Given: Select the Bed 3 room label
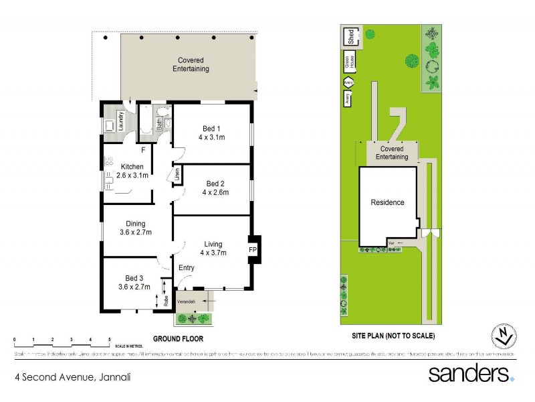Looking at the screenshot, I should [x=134, y=282].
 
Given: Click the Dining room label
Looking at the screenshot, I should [x=136, y=228].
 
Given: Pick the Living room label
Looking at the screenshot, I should [x=213, y=248].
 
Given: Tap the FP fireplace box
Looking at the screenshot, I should [x=253, y=250].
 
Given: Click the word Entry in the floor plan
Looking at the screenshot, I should [x=186, y=268].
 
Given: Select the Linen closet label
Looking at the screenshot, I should [x=177, y=176].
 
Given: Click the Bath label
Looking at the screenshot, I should [x=159, y=124].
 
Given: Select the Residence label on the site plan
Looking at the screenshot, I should [x=388, y=202].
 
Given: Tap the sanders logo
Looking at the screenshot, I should [x=471, y=373].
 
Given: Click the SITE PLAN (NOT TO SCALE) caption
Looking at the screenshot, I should [x=393, y=335].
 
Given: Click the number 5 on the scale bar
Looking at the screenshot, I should [x=110, y=340].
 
